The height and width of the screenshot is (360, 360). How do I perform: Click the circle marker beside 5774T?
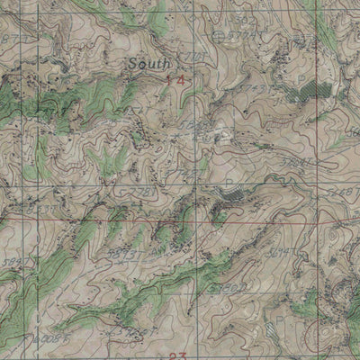coord(220,35)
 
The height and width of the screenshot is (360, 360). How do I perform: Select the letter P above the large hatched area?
coord(300,77)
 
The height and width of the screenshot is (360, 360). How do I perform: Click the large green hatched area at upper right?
coord(310,90)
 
